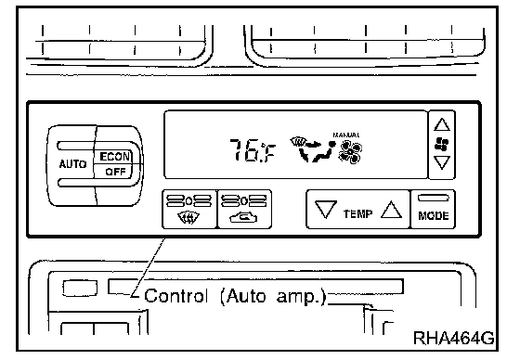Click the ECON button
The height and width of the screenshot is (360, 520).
(x=114, y=157)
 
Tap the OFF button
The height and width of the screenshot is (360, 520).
(x=114, y=172)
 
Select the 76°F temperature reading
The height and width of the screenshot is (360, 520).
(x=253, y=151)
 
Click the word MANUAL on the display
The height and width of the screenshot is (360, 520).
(x=346, y=135)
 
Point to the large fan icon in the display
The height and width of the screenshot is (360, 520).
(x=350, y=152)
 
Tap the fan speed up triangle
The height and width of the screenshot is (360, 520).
(x=442, y=124)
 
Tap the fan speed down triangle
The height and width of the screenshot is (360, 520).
(x=442, y=162)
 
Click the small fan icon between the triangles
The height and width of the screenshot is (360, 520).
(x=442, y=144)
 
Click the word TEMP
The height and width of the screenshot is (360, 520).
(x=357, y=213)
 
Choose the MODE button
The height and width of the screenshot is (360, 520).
(x=433, y=209)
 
